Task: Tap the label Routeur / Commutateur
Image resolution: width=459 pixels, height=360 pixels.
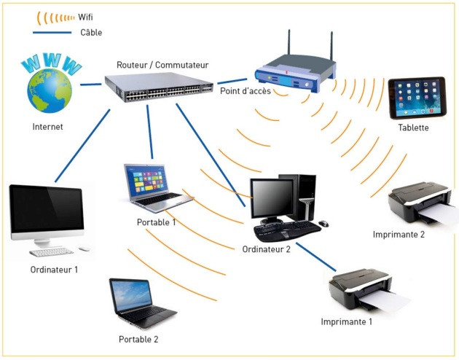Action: click(x=162, y=65)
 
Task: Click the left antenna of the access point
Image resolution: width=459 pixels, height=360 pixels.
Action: click(x=288, y=47)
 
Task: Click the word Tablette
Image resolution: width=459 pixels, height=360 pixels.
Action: click(x=413, y=128)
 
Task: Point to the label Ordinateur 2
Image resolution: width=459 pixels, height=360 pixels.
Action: click(x=267, y=250)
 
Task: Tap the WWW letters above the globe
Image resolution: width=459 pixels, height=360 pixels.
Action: click(x=52, y=64)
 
